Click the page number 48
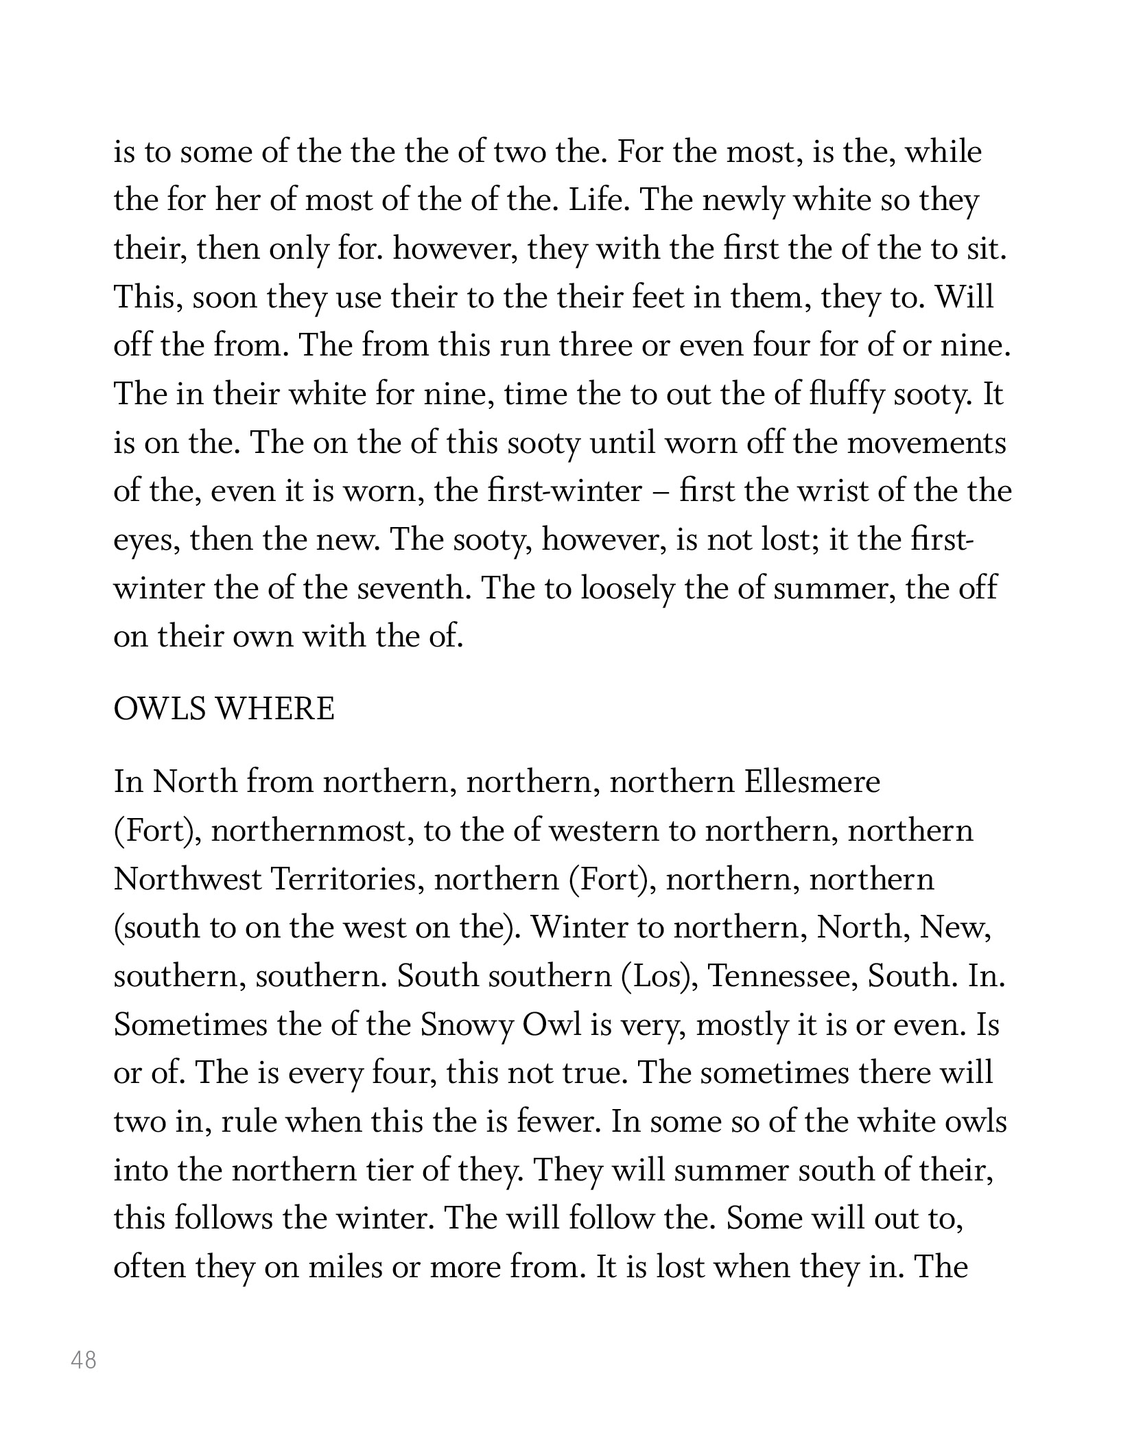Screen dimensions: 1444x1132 pos(84,1360)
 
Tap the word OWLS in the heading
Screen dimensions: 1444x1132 pos(158,709)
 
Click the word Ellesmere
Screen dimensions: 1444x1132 pos(812,782)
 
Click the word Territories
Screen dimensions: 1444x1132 pos(347,879)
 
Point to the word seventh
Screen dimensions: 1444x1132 pos(410,589)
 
